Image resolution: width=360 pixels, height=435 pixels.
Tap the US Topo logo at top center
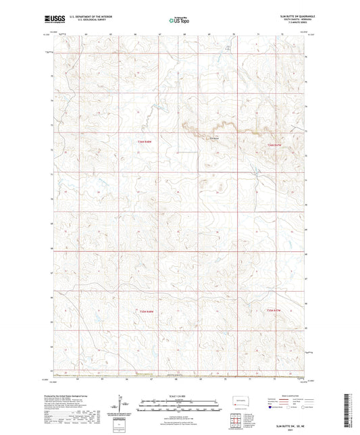point(179,21)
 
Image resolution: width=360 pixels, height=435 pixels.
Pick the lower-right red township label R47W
point(273,310)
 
